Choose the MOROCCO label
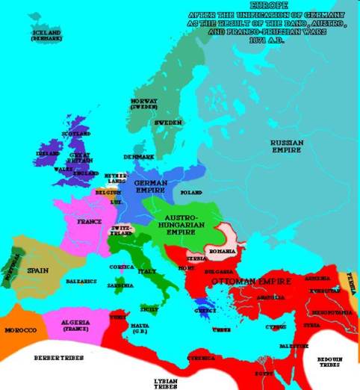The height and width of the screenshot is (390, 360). pos(18,329)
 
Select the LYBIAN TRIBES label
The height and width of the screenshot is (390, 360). pos(166,383)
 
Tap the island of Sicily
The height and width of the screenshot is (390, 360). pos(149,307)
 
